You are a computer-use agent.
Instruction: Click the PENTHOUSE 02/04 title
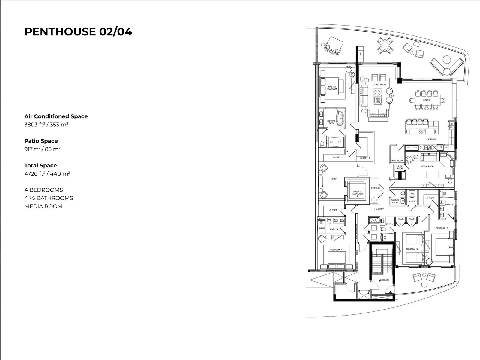coord(78,32)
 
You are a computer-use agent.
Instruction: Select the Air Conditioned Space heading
coord(56,116)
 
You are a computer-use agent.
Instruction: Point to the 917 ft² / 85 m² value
coord(42,149)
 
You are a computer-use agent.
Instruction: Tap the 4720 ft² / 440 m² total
coord(47,174)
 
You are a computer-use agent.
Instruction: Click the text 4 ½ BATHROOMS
coord(49,198)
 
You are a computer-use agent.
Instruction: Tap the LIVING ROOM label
coord(379,85)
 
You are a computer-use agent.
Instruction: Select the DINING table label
coord(427,100)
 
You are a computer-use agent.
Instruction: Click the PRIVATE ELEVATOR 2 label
coord(357,193)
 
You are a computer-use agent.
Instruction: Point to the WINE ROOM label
coord(397,161)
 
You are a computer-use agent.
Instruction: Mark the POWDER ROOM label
coord(395,201)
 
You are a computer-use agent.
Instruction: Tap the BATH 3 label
coord(389,224)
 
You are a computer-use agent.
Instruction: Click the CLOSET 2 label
coord(365,158)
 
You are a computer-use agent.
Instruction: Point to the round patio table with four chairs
coord(385,46)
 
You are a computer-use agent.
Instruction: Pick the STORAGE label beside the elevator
coord(375,188)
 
